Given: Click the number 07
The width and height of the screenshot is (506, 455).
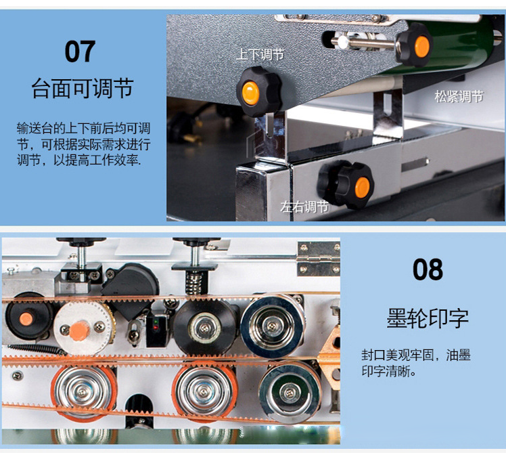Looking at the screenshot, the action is tap(80, 51).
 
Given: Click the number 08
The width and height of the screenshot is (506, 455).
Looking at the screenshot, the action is tap(428, 269).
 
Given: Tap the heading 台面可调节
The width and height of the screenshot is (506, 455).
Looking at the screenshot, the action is tap(83, 88).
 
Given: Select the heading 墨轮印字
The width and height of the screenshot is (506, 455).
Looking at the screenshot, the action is tap(428, 318).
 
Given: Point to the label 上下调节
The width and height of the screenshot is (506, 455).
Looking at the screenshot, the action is tap(260, 54).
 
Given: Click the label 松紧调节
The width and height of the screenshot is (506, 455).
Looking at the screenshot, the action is tap(459, 96).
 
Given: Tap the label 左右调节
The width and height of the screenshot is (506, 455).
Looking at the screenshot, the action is tap(304, 207).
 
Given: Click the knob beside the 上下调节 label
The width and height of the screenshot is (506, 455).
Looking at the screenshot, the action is tap(258, 91).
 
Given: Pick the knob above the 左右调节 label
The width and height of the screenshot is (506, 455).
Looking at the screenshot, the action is tap(346, 184).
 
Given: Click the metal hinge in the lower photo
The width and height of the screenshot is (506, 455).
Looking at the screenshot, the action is tap(318, 259).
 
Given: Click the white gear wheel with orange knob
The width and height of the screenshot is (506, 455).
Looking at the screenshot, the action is tap(84, 328).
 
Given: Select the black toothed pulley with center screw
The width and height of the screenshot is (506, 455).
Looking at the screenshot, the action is tap(205, 328).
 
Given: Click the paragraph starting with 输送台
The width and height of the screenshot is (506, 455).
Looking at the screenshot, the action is tap(84, 144).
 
